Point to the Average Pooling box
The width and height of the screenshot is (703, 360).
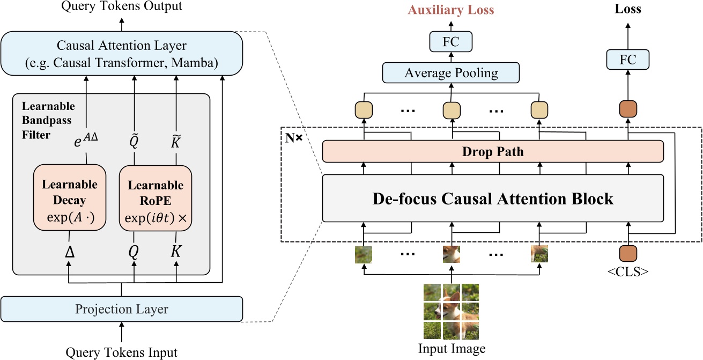(451, 73)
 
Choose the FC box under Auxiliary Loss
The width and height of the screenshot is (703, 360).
(451, 41)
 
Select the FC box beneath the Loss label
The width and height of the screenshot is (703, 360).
(627, 60)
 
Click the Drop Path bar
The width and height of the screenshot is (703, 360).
(493, 152)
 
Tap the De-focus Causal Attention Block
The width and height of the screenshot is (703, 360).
(493, 199)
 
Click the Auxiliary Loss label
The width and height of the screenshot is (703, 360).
(451, 10)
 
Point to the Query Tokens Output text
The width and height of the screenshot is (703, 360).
(121, 6)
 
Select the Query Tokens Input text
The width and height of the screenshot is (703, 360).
(121, 352)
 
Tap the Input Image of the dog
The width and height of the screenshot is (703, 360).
(451, 311)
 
